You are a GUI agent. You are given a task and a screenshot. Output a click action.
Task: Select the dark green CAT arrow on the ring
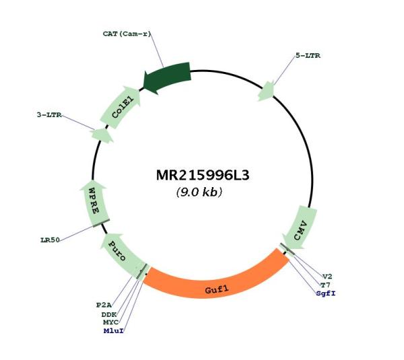click(168, 77)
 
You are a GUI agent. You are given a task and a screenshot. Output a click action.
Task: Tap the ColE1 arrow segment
click(121, 108)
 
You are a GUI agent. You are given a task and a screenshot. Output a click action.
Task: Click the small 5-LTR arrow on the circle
click(267, 91)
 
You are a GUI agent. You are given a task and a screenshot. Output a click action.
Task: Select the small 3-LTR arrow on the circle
click(102, 135)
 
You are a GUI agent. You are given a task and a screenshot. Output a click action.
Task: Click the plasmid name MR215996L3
click(203, 176)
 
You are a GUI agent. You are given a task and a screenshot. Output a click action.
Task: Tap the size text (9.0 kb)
click(199, 192)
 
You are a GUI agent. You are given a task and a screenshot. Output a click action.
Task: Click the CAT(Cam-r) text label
click(127, 34)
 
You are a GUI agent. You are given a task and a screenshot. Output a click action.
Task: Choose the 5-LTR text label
click(308, 56)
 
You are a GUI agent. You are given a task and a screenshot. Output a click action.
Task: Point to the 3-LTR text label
click(49, 115)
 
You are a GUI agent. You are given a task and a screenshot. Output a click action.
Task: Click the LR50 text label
click(50, 240)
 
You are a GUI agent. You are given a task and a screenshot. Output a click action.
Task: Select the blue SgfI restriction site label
click(326, 293)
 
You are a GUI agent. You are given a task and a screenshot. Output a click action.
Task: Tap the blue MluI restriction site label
click(114, 330)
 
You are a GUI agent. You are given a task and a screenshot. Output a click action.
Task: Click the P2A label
click(104, 305)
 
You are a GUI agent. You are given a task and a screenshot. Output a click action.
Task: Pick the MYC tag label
click(111, 322)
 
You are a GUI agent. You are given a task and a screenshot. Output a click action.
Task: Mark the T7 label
click(325, 285)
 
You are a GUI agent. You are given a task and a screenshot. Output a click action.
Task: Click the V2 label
click(327, 277)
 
